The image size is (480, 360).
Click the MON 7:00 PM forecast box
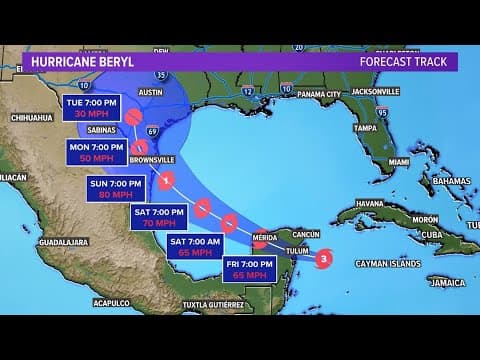click(94, 151)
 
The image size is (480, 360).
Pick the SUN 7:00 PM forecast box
click(117, 188)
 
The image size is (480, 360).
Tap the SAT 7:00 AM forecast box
click(195, 246)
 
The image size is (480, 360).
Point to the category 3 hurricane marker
click(322, 259)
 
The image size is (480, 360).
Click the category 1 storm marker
click(166, 181)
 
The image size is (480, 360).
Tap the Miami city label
click(398, 162)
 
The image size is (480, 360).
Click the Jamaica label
click(447, 283)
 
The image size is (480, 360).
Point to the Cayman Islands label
click(387, 264)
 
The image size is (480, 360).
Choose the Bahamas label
click(451, 181)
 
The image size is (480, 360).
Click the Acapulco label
click(110, 301)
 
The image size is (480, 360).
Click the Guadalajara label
click(64, 242)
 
